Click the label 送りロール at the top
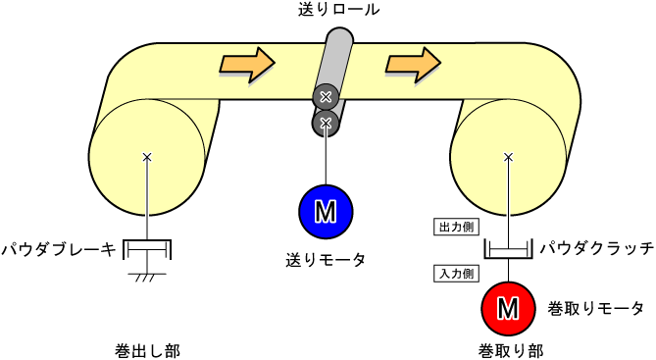[x=340, y=10]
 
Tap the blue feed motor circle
[x=326, y=211]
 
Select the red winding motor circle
[x=508, y=308]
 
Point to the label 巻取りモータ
[x=595, y=309]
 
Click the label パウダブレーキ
[x=58, y=249]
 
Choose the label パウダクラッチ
[x=596, y=249]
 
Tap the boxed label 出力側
[x=456, y=227]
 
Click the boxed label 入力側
[x=456, y=274]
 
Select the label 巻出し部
[x=147, y=349]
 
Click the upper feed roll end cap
[x=326, y=96]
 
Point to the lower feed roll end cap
[x=326, y=122]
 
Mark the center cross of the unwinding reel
[x=147, y=157]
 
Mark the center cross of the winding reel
[x=508, y=157]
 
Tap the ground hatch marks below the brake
[x=148, y=278]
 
